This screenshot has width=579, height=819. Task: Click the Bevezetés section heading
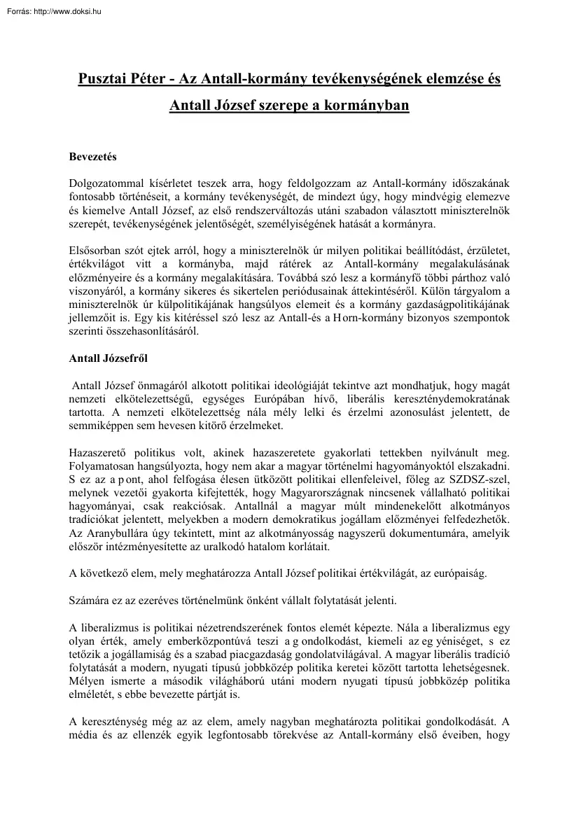click(92, 157)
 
